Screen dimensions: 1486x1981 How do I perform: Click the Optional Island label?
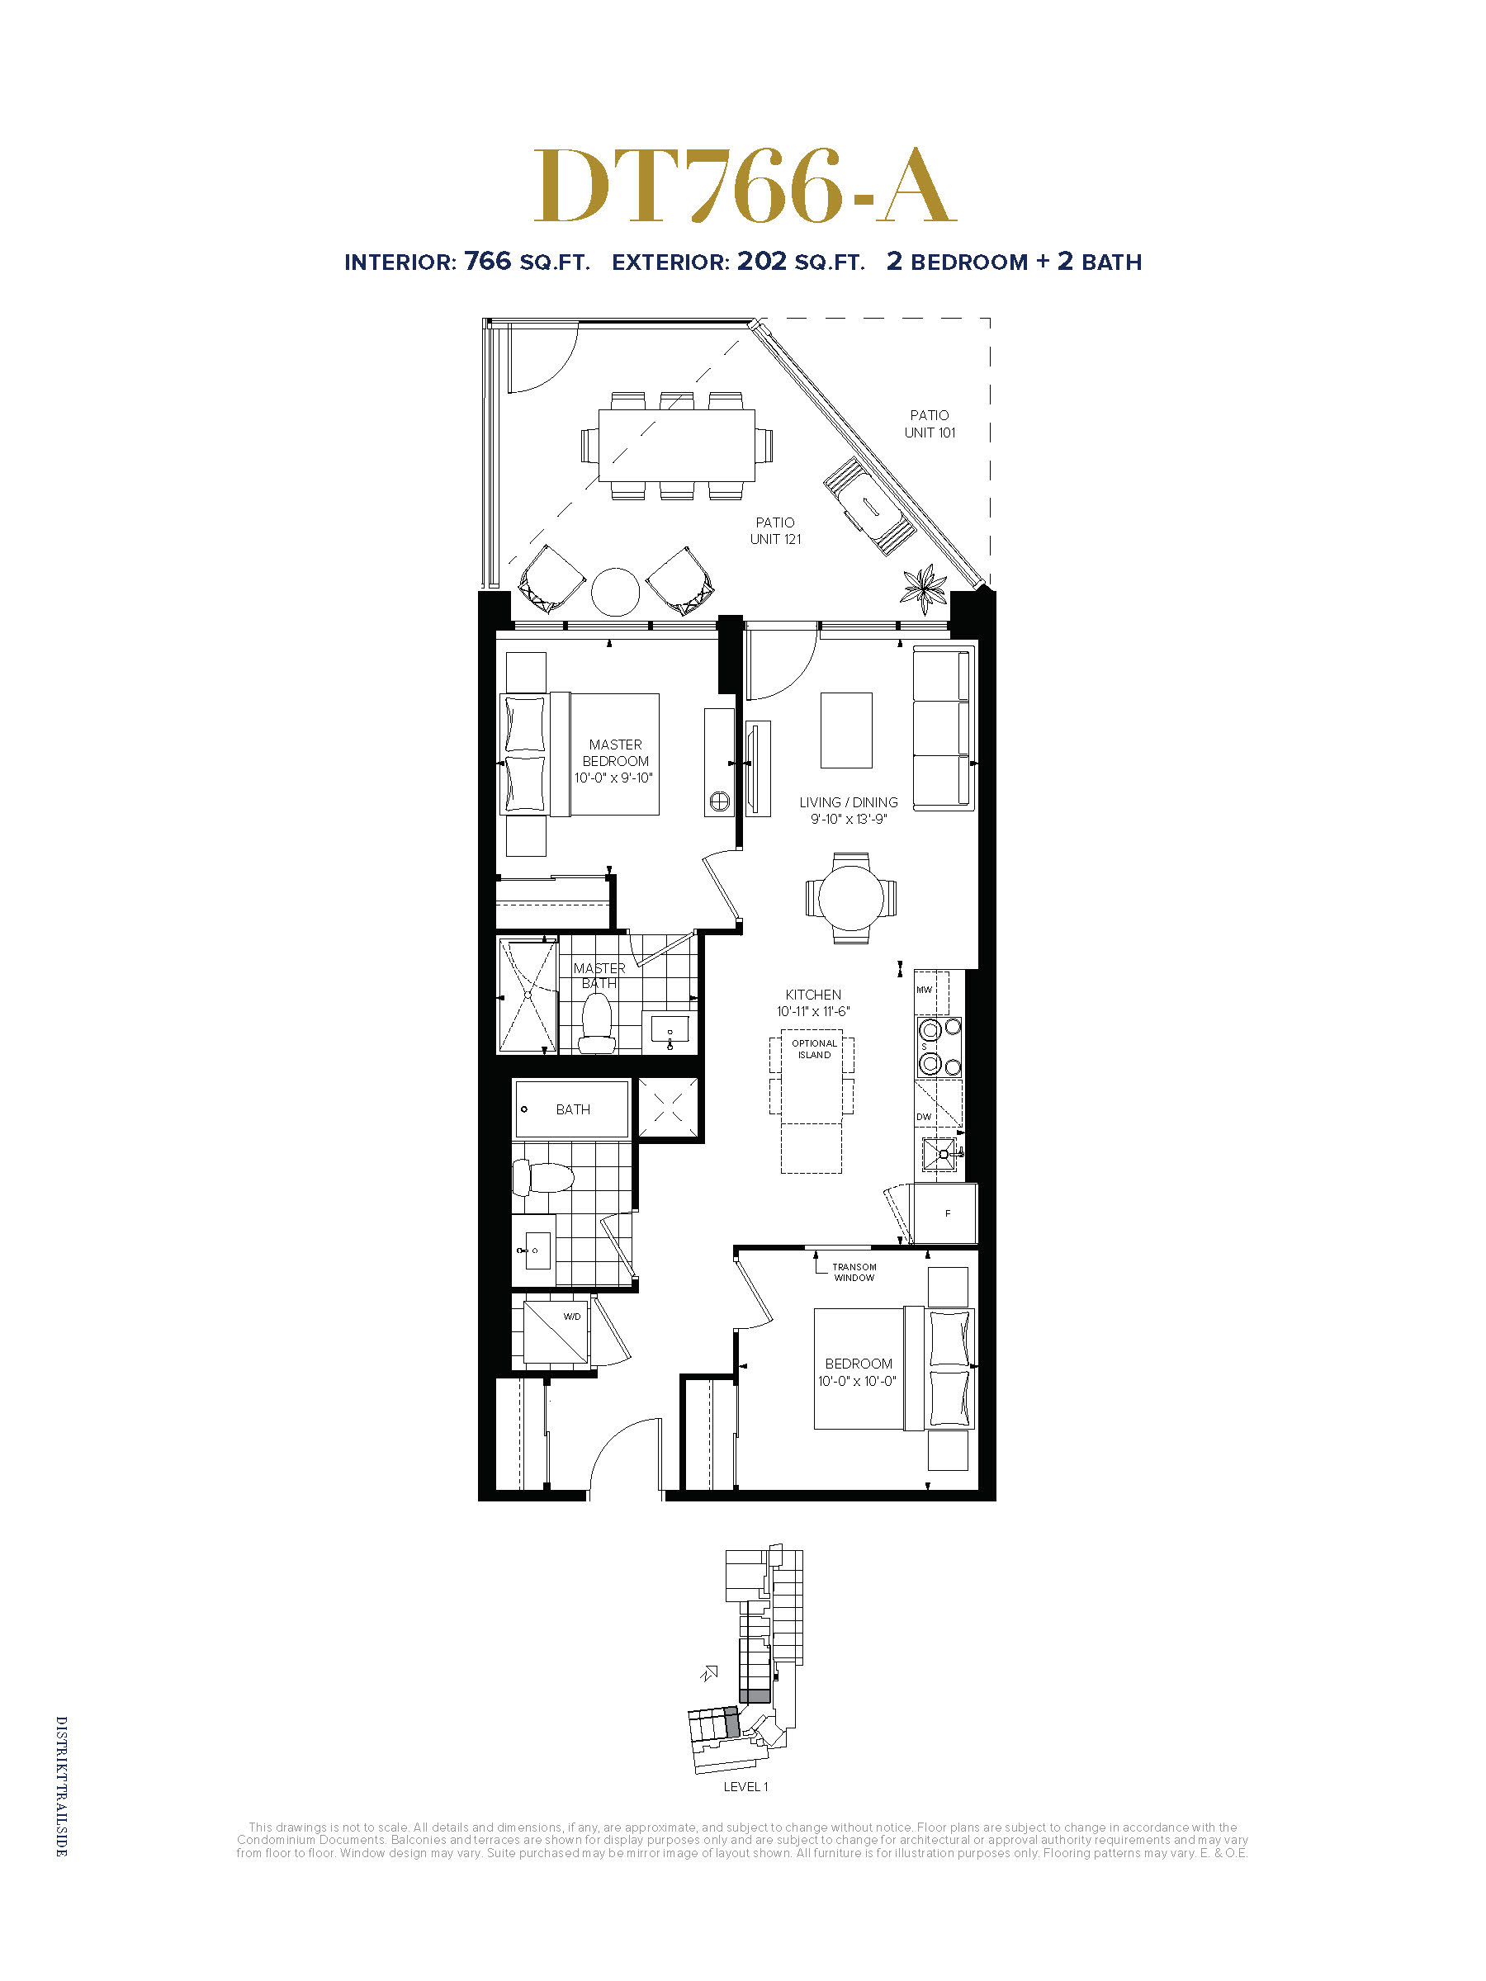814,1049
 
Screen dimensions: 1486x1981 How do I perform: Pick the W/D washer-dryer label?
571,1317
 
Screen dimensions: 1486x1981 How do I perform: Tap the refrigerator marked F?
945,1213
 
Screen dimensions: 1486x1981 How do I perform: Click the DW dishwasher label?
924,1117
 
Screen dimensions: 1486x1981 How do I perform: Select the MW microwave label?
924,990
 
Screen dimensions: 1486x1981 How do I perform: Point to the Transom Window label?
854,1272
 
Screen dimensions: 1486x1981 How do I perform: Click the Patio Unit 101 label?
930,423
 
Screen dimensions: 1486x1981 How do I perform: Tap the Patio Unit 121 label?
775,530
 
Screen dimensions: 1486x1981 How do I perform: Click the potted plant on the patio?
924,589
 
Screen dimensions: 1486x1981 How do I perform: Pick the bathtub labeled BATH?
570,1109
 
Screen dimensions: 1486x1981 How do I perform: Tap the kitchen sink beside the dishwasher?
939,1156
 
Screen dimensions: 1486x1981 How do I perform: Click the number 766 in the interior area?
487,261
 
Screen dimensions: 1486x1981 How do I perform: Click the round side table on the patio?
615,591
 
